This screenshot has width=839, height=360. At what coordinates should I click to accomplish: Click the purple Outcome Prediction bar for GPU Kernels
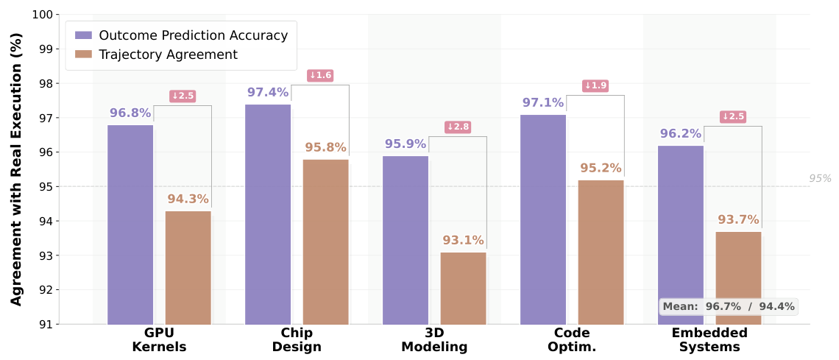point(130,225)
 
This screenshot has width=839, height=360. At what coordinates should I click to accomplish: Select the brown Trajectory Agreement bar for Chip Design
point(325,241)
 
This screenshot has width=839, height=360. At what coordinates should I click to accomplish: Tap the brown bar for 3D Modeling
point(463,288)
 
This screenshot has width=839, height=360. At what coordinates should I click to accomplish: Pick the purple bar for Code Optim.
point(543,219)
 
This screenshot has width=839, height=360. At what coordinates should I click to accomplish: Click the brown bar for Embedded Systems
point(738,278)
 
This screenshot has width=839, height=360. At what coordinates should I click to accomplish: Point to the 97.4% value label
point(268,93)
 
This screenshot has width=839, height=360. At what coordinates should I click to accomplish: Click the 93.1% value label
point(463,240)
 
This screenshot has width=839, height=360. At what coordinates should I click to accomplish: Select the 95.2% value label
point(601,168)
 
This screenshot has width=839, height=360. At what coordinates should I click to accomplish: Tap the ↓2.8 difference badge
point(458,127)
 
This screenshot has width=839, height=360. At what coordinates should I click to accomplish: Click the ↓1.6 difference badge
point(320,75)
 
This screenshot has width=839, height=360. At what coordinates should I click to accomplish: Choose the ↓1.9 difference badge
point(595,86)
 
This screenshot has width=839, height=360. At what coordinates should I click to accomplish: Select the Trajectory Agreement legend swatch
point(83,54)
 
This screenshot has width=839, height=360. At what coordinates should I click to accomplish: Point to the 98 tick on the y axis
point(45,84)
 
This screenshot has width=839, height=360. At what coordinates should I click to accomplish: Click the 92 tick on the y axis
point(45,290)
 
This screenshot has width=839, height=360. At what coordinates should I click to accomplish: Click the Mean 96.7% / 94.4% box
point(728,306)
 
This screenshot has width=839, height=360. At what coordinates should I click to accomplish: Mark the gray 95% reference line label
point(820,178)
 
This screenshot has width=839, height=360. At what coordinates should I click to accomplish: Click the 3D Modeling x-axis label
point(434,339)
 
